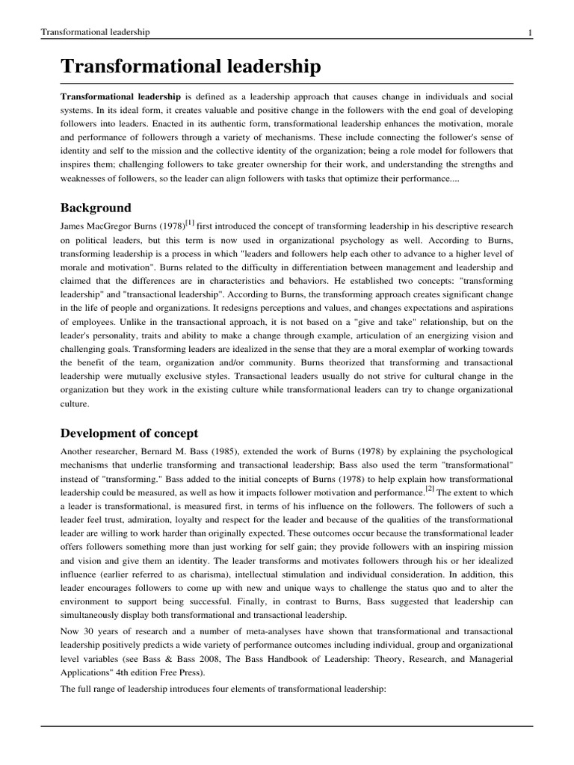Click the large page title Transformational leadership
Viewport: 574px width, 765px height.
click(191, 67)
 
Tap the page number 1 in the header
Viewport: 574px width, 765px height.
click(529, 31)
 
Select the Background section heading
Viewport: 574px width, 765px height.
click(96, 208)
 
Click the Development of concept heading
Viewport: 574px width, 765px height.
click(129, 433)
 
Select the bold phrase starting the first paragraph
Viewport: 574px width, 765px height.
click(120, 97)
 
